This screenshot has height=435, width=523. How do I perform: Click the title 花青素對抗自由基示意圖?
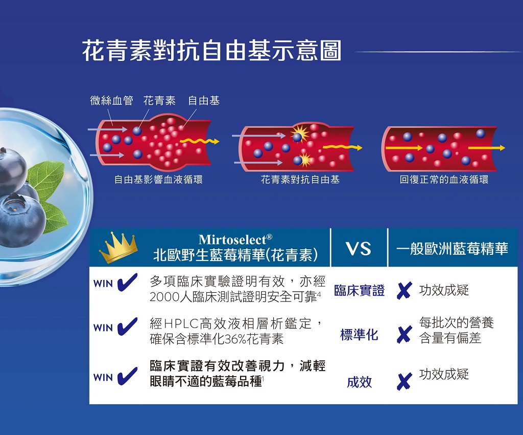pyautogui.click(x=212, y=51)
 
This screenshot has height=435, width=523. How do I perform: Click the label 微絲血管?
pyautogui.click(x=111, y=100)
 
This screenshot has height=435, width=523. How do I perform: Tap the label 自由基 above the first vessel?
pyautogui.click(x=204, y=100)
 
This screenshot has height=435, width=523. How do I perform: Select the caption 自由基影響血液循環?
pyautogui.click(x=158, y=180)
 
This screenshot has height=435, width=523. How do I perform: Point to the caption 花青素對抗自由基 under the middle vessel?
pyautogui.click(x=300, y=180)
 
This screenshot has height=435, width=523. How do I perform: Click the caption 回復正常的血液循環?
pyautogui.click(x=444, y=180)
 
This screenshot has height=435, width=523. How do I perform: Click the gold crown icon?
pyautogui.click(x=118, y=248)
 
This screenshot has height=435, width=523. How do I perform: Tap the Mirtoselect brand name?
pyautogui.click(x=235, y=239)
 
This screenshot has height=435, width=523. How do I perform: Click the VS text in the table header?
pyautogui.click(x=359, y=249)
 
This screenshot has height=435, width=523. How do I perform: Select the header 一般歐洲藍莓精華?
pyautogui.click(x=453, y=249)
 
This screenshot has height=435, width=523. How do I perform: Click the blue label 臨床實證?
pyautogui.click(x=359, y=290)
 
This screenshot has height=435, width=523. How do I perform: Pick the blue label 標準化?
pyautogui.click(x=359, y=334)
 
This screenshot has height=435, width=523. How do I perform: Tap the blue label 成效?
pyautogui.click(x=359, y=382)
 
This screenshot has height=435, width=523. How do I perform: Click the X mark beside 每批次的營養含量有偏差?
pyautogui.click(x=404, y=335)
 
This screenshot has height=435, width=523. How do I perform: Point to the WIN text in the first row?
pyautogui.click(x=103, y=284)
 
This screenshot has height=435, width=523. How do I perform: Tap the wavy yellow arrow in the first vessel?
pyautogui.click(x=200, y=141)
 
